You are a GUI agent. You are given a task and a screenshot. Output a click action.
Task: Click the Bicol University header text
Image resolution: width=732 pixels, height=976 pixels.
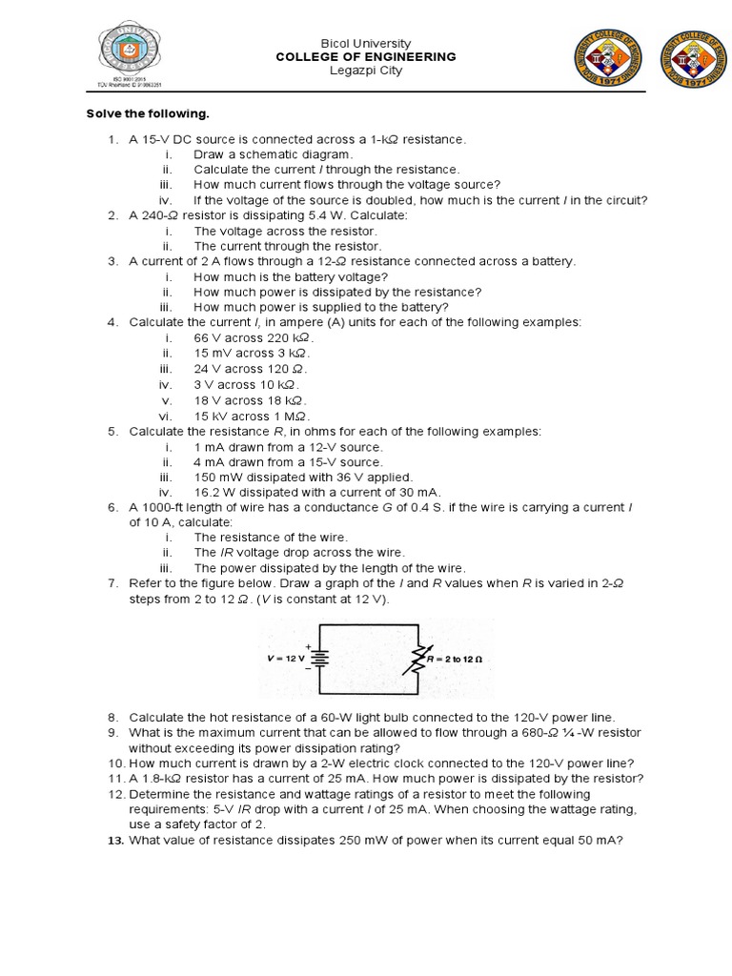coord(366,43)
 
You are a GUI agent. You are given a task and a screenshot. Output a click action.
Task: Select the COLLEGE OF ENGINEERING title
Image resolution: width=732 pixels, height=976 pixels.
coord(366,57)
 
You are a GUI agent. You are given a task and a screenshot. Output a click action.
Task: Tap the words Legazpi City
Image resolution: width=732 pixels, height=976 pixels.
coord(366,71)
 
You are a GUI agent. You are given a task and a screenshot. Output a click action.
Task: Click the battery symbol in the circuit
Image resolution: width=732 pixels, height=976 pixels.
coord(321,659)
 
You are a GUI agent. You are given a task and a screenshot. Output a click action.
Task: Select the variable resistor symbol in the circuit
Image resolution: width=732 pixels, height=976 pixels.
coord(417,659)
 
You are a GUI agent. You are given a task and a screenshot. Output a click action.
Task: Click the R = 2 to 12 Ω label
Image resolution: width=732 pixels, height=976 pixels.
coord(455,659)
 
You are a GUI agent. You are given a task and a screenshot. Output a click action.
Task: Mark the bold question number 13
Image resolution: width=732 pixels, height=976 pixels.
coord(116,840)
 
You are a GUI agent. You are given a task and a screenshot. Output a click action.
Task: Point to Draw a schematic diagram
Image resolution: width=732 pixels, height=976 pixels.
coord(273,154)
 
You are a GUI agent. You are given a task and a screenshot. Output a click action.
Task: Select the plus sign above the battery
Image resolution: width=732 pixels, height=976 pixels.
coord(308,645)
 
